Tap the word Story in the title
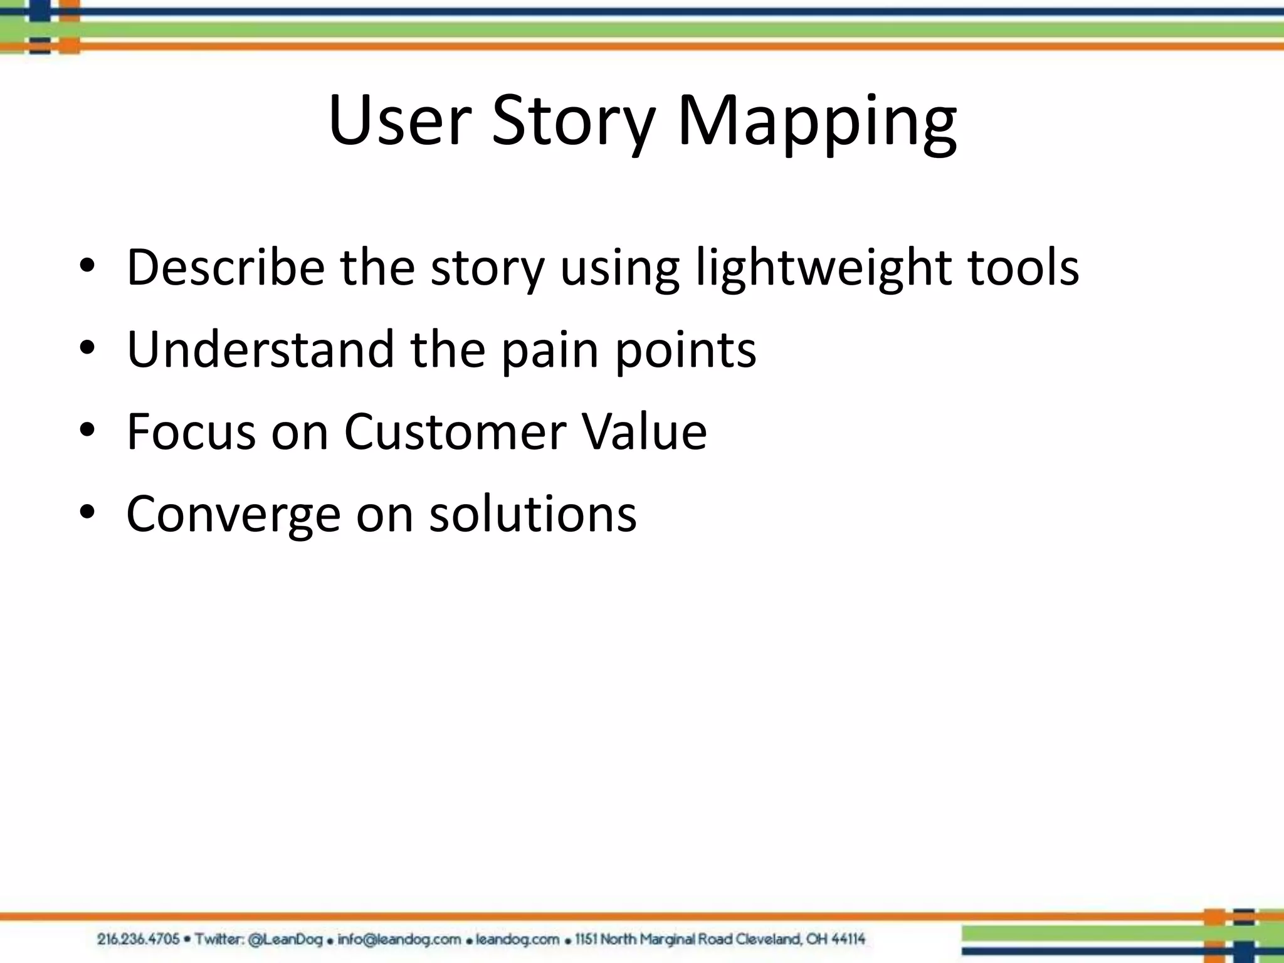tap(573, 122)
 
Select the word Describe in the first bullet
tap(226, 268)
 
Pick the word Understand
tap(260, 349)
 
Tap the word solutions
tap(533, 514)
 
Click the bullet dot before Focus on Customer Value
tap(87, 431)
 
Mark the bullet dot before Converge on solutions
tap(87, 513)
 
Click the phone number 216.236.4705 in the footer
tap(139, 939)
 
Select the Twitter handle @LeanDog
tap(285, 939)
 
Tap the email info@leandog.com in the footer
tap(399, 939)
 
